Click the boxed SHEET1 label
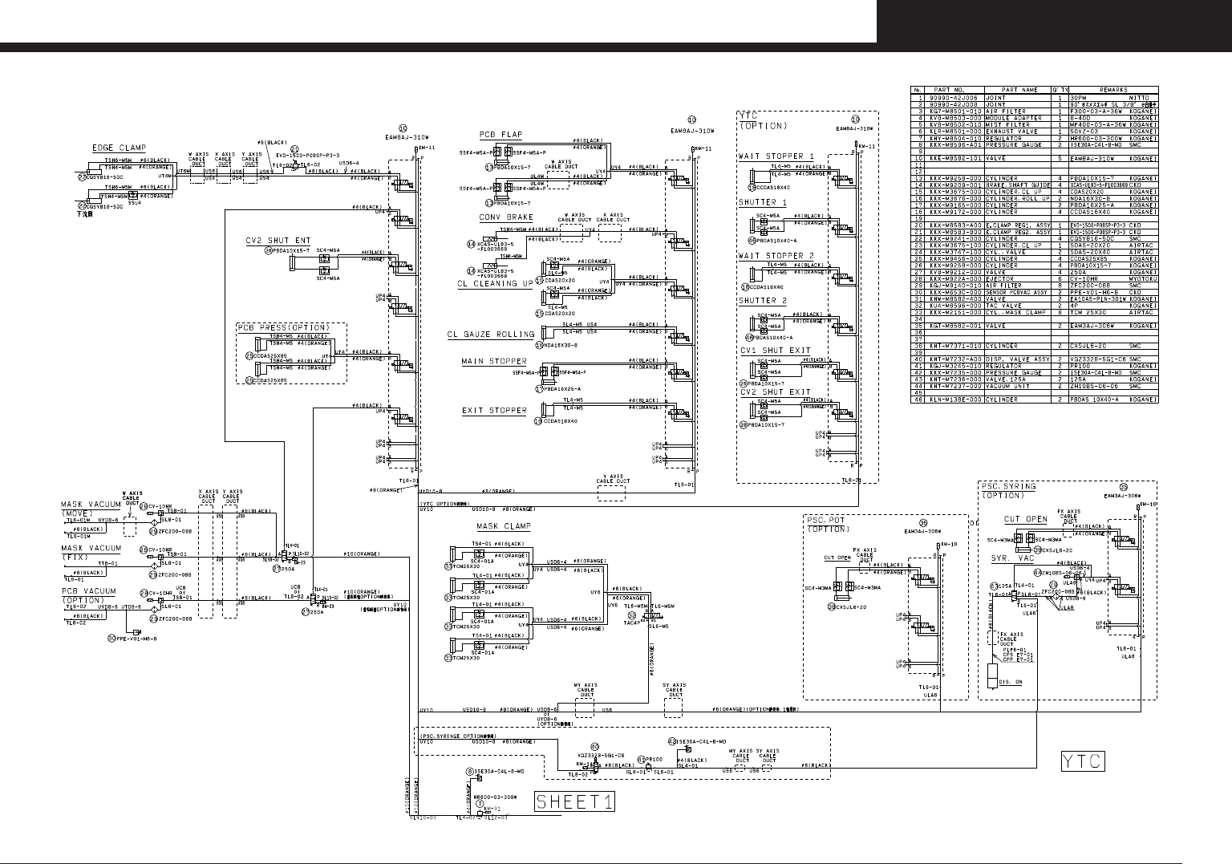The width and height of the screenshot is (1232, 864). point(574,801)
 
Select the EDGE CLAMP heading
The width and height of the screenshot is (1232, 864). point(119,148)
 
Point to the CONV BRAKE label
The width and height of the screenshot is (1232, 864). point(506,217)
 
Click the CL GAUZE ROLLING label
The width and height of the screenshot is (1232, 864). point(490,335)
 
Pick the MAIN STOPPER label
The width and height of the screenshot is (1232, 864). point(493,362)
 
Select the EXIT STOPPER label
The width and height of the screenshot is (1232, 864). point(494,411)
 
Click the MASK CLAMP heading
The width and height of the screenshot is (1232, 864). point(503,526)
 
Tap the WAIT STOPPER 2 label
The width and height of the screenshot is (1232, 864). point(776,256)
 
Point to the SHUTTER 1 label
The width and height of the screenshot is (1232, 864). point(762,203)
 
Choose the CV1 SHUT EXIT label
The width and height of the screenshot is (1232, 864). point(775,351)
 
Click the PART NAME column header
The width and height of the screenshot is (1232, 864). point(1019,91)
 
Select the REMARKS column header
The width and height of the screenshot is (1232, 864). point(1113,91)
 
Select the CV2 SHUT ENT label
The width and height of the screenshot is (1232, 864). point(278,241)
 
